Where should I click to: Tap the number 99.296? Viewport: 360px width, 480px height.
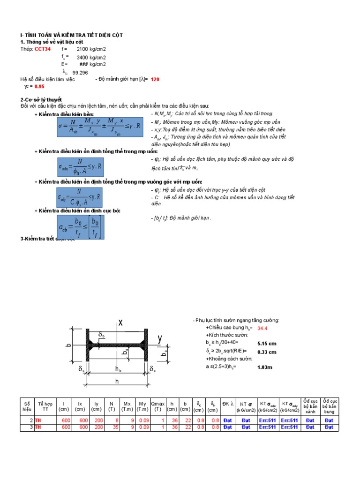click(80, 73)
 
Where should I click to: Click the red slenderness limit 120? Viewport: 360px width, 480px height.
click(155, 80)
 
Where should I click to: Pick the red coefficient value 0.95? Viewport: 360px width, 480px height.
click(39, 87)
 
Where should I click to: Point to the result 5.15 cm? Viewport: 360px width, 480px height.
click(267, 344)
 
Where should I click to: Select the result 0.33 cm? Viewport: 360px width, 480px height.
click(267, 352)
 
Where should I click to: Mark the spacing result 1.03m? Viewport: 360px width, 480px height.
click(264, 367)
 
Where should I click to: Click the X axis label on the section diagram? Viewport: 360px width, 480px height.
click(120, 322)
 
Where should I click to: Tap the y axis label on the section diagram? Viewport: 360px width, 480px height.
click(159, 338)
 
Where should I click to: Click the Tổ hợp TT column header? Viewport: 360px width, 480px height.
click(45, 406)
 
